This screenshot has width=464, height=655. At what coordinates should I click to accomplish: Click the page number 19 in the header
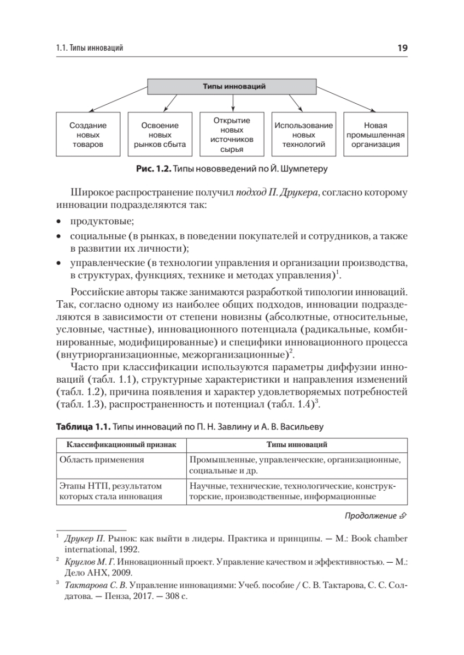403,48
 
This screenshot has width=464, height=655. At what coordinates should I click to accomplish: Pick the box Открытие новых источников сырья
232,134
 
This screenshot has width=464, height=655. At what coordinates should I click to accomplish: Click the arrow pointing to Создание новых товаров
120,102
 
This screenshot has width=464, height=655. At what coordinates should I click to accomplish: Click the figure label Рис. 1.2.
153,170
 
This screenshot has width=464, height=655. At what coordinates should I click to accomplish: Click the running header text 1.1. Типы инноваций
90,49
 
